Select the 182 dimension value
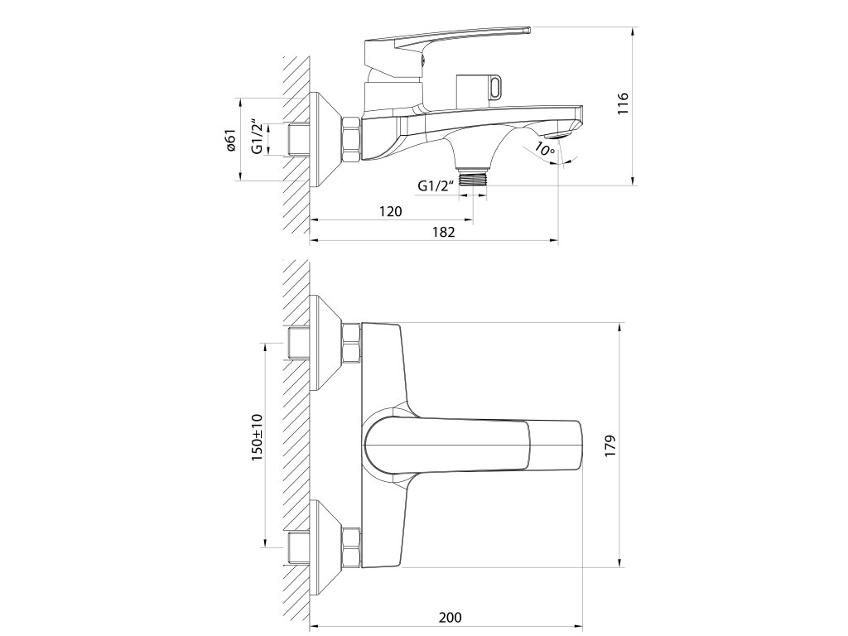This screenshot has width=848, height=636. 445,232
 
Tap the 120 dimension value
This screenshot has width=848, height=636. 391,211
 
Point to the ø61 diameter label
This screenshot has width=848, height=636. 232,141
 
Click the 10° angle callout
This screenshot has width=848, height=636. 544,149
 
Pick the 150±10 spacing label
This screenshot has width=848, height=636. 257,436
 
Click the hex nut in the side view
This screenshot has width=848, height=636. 352,139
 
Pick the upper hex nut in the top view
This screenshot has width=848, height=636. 352,342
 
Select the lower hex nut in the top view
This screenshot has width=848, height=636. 352,547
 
